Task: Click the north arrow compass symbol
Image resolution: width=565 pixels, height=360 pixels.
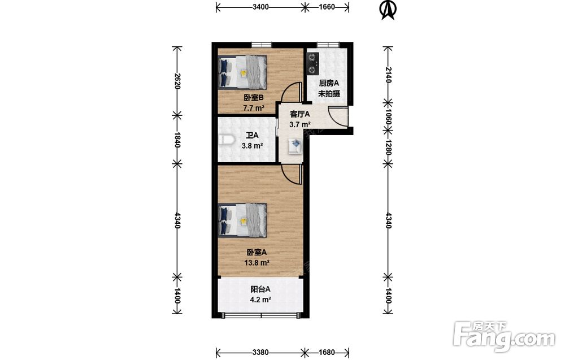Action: (389, 10)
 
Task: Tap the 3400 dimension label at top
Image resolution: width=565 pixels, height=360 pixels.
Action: (261, 6)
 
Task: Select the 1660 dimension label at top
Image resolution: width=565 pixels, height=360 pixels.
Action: (327, 6)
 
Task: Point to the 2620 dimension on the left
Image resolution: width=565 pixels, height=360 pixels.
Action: (177, 81)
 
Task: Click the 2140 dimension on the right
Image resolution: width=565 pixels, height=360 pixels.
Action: (389, 75)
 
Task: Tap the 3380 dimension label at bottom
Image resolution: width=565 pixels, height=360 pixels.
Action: (260, 352)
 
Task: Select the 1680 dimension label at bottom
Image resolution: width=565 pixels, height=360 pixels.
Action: (327, 352)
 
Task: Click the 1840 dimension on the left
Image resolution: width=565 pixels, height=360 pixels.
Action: (177, 140)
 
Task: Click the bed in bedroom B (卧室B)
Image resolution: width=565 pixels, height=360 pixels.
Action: (242, 72)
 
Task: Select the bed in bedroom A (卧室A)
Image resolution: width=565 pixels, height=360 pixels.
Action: (242, 220)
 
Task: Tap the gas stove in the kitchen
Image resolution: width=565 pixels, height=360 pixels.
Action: (312, 64)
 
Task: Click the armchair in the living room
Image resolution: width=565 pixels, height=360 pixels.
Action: (295, 146)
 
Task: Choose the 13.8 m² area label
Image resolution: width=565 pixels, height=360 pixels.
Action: (257, 263)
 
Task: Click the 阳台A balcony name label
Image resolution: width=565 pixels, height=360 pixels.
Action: (260, 289)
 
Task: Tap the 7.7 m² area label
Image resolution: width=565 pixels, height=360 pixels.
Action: (254, 108)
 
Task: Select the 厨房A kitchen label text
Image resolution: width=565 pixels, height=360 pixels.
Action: (329, 83)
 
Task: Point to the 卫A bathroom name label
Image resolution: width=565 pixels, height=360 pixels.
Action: (252, 136)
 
